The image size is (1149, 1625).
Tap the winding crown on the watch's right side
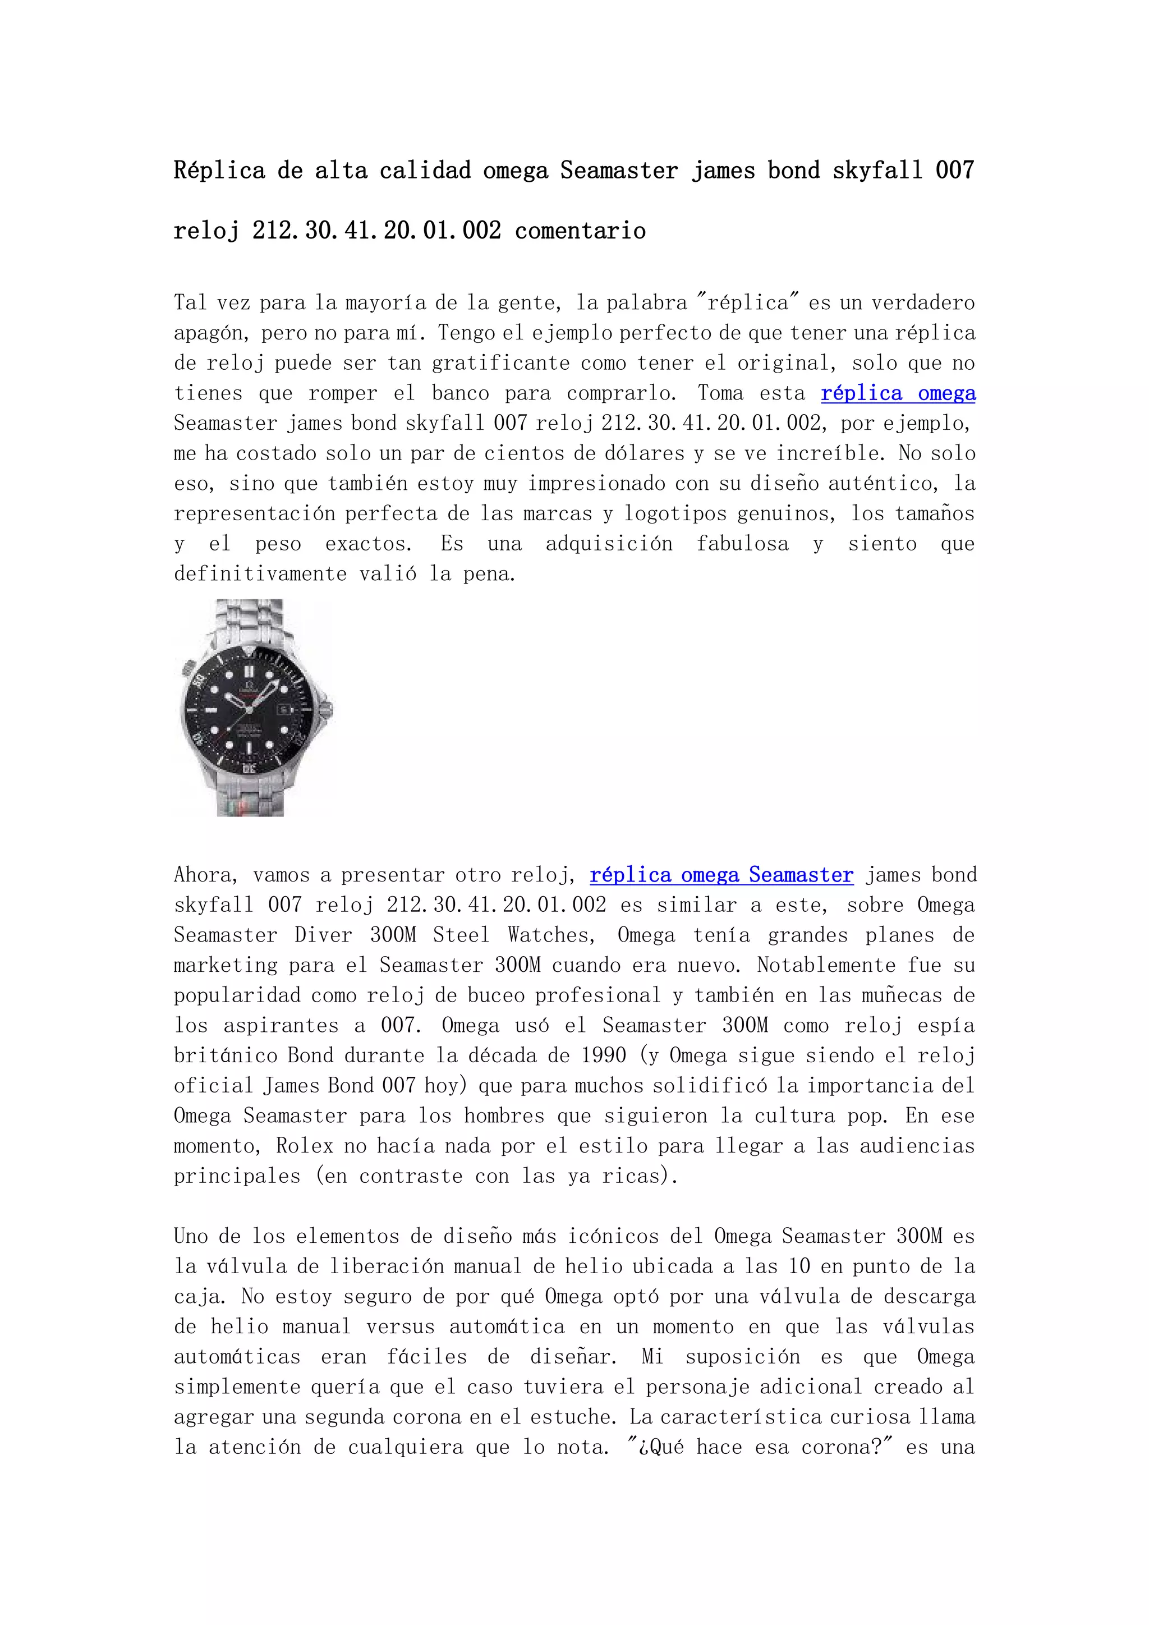(328, 707)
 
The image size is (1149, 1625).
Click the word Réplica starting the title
(219, 171)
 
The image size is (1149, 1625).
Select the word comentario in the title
(580, 231)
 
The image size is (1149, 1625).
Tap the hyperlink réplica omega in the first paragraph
(898, 393)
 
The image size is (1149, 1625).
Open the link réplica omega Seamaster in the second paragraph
(721, 875)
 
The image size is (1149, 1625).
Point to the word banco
(461, 393)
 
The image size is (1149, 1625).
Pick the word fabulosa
(742, 544)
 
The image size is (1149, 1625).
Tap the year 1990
(604, 1055)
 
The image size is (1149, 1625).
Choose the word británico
(226, 1055)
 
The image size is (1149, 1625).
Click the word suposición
(742, 1357)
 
